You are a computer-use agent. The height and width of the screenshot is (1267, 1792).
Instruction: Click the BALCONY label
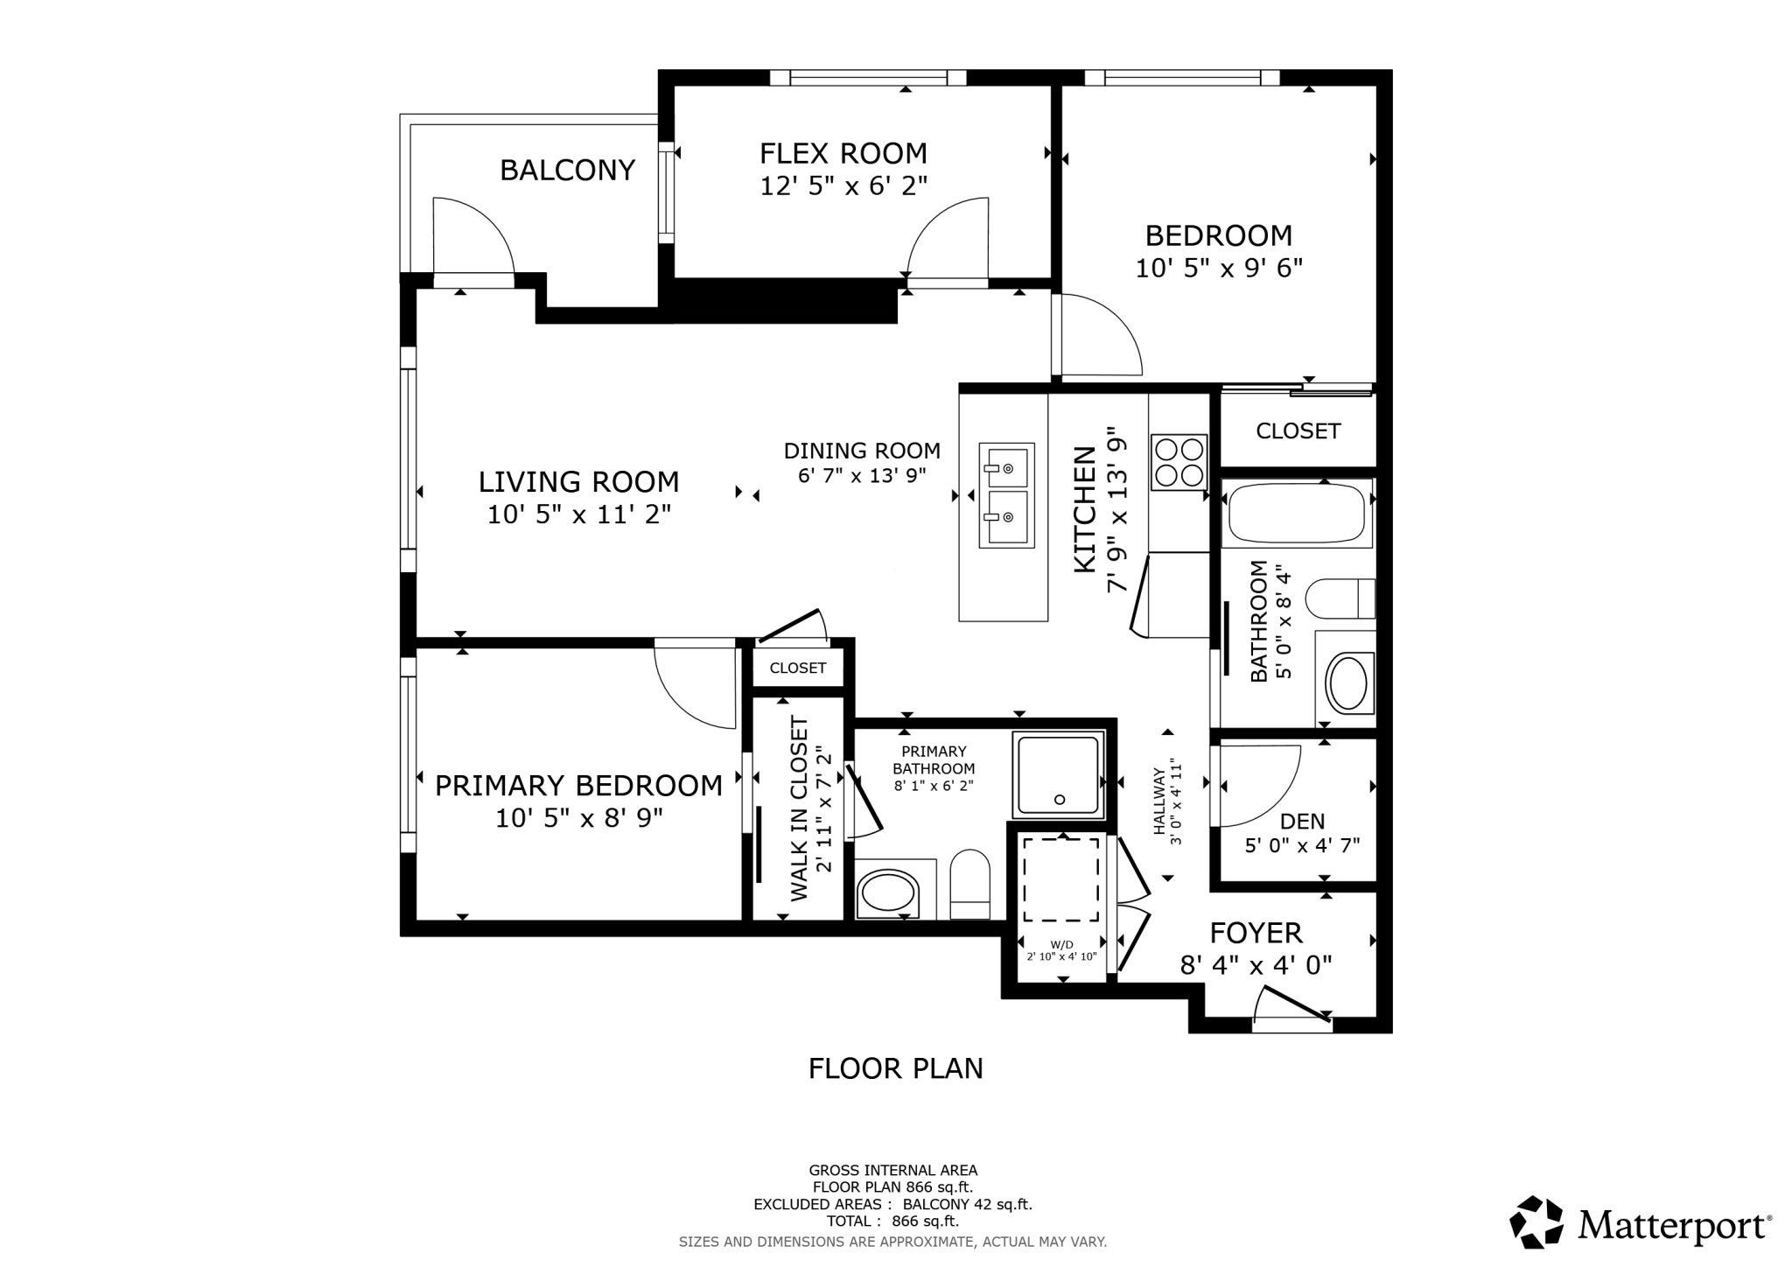567,170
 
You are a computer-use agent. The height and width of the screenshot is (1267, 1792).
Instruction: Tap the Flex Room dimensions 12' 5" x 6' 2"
843,185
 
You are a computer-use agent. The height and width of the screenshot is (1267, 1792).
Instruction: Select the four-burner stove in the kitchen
1179,462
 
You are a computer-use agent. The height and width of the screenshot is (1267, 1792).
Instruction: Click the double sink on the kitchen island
1006,495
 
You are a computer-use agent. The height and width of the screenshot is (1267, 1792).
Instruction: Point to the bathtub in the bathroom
1297,514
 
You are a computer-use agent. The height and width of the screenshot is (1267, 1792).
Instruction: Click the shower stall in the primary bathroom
1059,775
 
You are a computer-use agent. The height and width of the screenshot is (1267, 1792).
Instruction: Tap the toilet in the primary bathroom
969,884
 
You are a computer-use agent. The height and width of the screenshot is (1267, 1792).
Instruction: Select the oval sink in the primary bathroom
889,893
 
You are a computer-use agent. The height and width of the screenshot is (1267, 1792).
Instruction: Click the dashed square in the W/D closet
1062,879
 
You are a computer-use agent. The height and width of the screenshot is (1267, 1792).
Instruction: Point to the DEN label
1302,822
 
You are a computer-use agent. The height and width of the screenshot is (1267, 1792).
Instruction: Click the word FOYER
1256,933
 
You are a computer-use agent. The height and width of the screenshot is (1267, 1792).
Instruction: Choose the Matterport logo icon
1536,1222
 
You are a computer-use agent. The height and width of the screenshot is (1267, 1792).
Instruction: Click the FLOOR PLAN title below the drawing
896,1068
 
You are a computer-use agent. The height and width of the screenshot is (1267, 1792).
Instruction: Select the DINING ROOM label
862,451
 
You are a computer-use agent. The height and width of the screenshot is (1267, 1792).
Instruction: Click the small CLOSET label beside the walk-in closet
798,668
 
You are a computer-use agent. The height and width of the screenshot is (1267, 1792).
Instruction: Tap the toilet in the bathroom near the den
1340,598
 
